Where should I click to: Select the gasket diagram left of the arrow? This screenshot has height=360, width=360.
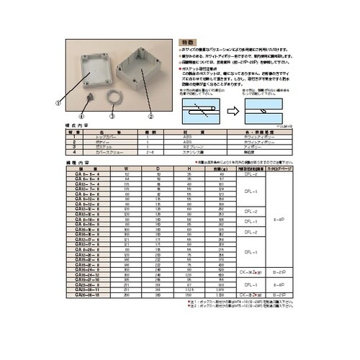click(203, 112)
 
